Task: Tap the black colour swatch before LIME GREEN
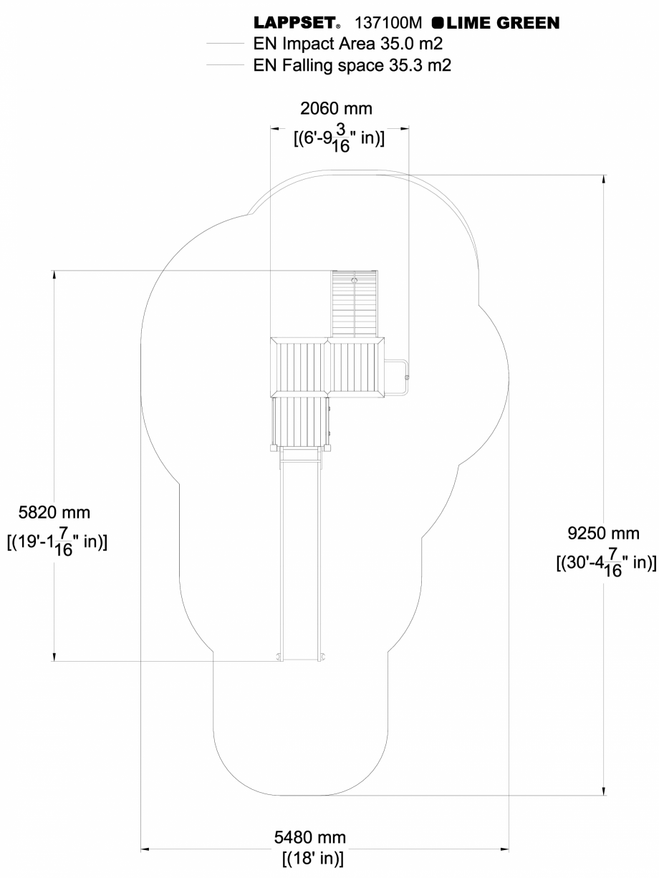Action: click(436, 24)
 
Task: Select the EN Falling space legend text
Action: click(352, 65)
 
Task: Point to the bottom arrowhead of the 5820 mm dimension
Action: click(54, 656)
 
